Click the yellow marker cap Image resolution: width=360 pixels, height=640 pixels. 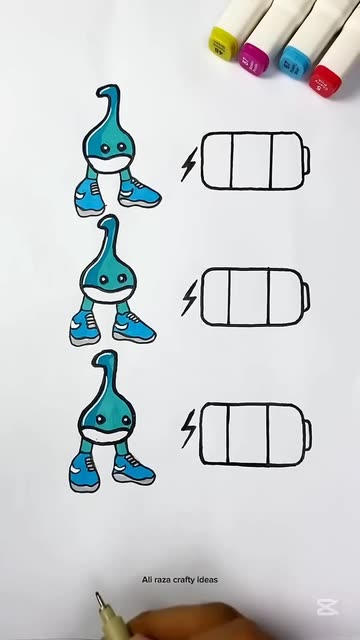point(222,43)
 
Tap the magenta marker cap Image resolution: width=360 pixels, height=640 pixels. point(254,59)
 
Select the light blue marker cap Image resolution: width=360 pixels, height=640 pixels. point(294,62)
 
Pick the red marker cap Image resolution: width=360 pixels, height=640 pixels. point(325,81)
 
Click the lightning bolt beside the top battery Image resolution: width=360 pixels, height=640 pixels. point(189,164)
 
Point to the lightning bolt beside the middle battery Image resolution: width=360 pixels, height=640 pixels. point(189,298)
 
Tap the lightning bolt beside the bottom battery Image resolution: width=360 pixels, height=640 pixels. point(188,429)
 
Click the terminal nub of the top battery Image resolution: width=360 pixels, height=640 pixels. point(306,160)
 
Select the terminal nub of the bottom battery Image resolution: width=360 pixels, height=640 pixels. point(308,434)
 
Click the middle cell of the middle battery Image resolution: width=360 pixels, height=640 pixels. point(249,297)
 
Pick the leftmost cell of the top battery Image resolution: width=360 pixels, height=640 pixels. point(217,161)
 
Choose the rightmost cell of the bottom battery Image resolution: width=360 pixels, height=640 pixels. point(286,434)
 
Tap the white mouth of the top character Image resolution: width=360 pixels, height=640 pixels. point(110,165)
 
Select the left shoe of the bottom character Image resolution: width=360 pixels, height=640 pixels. point(84,473)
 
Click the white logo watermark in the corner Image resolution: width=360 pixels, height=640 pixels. point(327,607)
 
